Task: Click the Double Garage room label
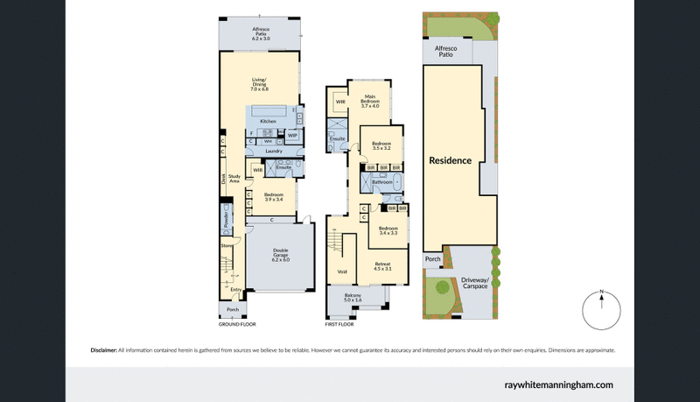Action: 280,257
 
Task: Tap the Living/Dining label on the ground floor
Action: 259,85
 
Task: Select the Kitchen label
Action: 268,121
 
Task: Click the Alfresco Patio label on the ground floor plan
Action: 259,35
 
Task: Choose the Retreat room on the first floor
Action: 383,266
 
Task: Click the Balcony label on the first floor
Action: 353,300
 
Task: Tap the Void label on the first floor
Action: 342,272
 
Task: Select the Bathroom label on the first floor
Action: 382,182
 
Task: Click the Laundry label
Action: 274,150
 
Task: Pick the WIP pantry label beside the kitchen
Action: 292,135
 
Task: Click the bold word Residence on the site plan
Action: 450,161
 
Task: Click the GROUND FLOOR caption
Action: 237,324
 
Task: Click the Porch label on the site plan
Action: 432,259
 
